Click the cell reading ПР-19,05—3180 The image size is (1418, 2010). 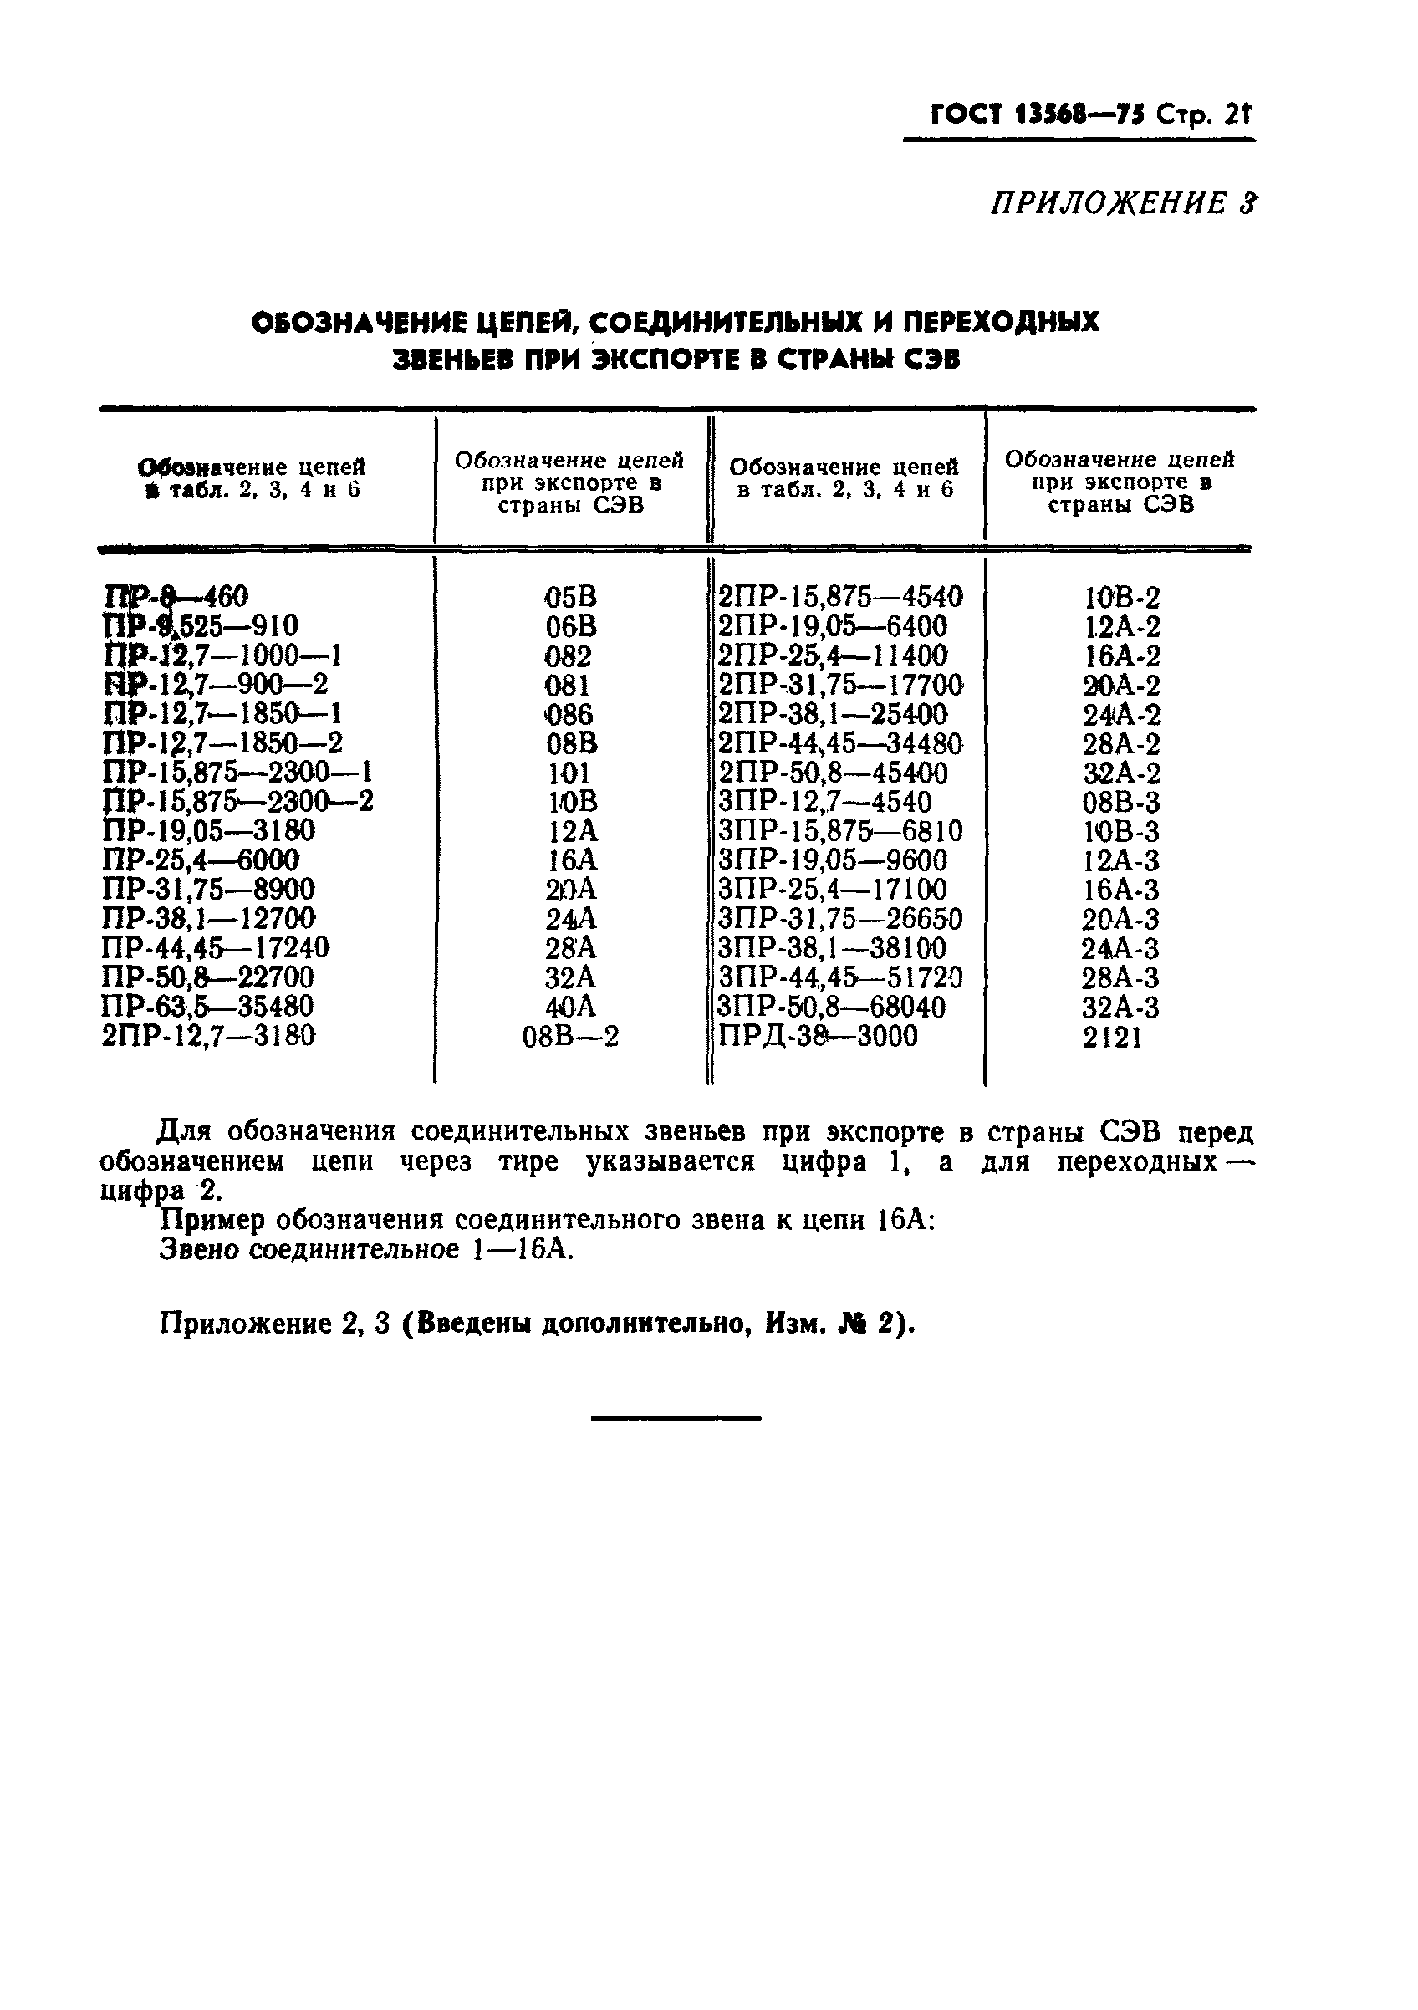208,831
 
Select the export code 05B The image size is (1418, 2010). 570,598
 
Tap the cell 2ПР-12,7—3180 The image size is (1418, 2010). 208,1036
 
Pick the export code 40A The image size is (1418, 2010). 570,1007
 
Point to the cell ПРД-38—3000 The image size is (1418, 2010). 818,1037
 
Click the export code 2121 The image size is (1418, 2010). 1112,1038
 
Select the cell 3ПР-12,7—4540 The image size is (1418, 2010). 824,802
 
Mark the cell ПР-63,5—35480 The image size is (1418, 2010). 207,1006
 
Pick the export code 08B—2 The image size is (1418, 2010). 570,1038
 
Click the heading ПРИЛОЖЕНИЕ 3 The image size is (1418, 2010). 1123,203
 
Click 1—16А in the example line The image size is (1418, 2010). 522,1249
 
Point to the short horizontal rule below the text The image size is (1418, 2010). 676,1417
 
